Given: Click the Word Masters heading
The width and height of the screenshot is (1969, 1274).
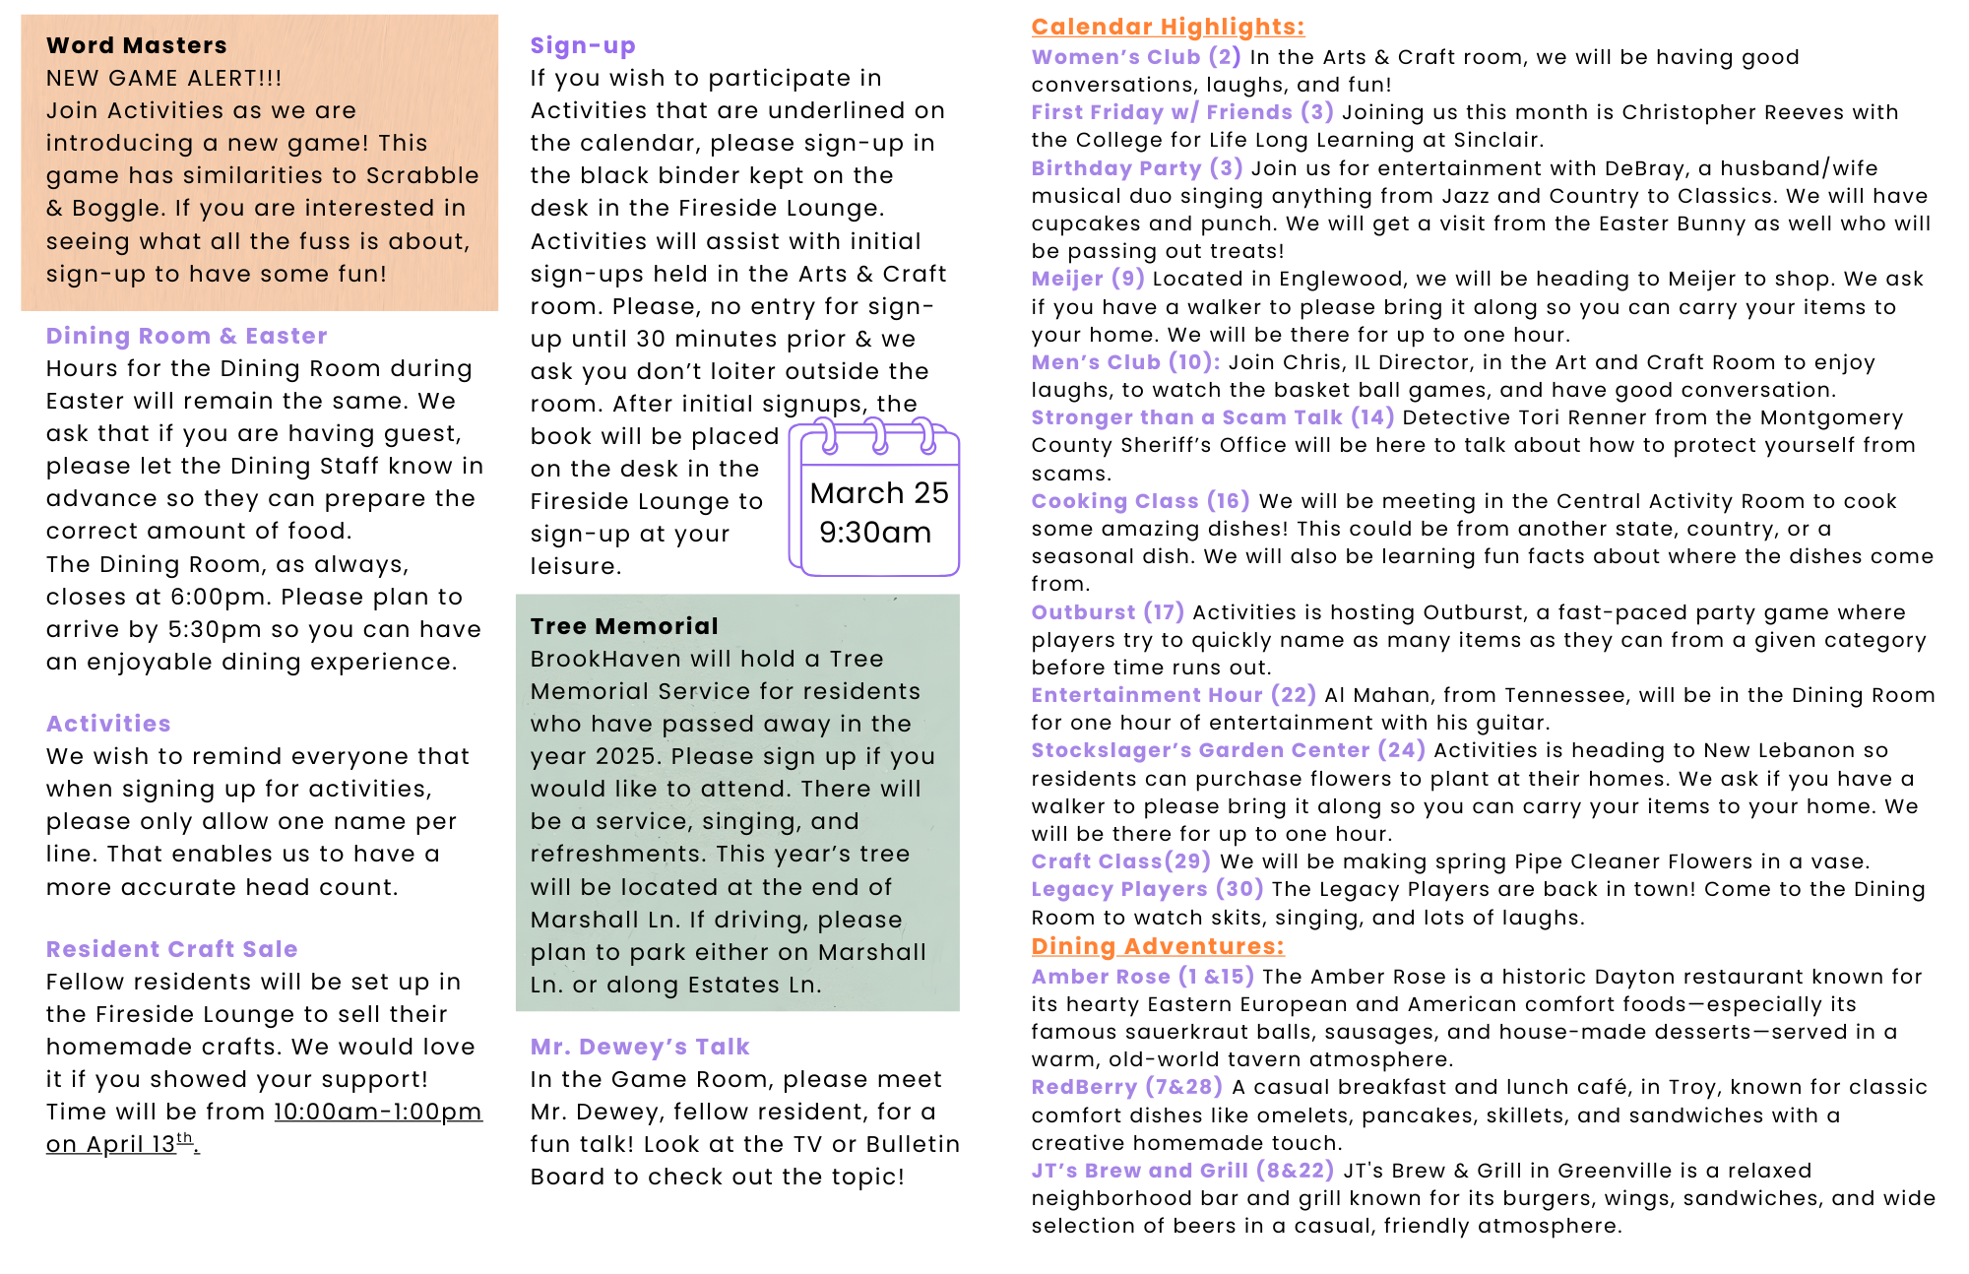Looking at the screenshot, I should tap(136, 45).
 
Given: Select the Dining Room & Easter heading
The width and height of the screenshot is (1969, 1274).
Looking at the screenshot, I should tap(186, 336).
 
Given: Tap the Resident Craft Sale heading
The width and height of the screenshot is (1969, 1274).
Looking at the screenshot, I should tap(171, 949).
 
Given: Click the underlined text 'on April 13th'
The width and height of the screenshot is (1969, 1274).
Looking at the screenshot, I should tap(120, 1144).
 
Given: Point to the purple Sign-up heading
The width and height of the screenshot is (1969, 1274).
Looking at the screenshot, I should tap(583, 45).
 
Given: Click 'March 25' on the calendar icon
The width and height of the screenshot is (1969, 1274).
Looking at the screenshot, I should tap(878, 492).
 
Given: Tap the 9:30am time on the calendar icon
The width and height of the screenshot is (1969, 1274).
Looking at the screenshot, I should tap(875, 533).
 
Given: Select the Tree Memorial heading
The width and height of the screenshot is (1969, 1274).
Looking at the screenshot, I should tap(624, 626).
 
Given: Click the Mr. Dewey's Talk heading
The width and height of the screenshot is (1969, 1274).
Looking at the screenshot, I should tap(640, 1047).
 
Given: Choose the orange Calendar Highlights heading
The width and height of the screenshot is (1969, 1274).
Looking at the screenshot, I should tap(1168, 27).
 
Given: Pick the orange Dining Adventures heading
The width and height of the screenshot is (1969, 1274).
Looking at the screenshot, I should tap(1158, 946).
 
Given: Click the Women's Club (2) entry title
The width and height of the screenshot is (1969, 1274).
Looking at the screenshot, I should tap(1135, 57).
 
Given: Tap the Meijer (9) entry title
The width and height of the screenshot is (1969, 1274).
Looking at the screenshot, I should tap(1087, 279).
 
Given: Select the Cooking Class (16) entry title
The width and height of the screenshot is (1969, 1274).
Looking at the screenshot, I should tap(1140, 501).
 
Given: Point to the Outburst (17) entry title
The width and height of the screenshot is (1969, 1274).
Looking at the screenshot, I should tap(1108, 612).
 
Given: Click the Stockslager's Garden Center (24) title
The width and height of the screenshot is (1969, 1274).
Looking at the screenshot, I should tap(1228, 750).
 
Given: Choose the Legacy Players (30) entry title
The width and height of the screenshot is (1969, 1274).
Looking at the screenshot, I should tap(1147, 889).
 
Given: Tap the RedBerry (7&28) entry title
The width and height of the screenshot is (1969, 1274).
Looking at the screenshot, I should tap(1126, 1087).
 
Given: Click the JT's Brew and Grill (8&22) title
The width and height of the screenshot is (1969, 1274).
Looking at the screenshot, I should tap(1182, 1171).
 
